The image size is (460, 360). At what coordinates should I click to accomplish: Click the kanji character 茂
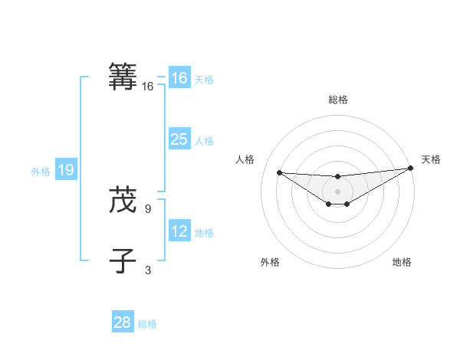(123, 201)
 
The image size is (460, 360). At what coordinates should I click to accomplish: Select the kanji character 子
(123, 260)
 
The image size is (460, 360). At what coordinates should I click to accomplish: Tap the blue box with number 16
(179, 78)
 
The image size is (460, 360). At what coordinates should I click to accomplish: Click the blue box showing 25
(179, 139)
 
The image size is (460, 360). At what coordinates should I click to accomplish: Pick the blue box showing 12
(179, 231)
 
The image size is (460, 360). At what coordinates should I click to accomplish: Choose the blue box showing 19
(66, 170)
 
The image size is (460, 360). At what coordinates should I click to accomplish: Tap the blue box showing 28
(123, 322)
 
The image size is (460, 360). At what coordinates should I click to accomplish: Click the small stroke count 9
(147, 208)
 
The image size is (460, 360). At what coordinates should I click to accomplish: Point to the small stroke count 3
(147, 270)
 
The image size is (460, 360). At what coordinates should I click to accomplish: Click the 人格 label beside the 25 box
(204, 141)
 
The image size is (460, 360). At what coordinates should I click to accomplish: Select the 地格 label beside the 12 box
(204, 233)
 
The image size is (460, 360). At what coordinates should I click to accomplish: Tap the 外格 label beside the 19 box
(41, 172)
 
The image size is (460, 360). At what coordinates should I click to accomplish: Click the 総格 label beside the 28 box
(147, 324)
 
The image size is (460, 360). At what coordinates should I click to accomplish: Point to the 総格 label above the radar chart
(337, 100)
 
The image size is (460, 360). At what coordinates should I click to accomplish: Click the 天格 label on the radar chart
(431, 159)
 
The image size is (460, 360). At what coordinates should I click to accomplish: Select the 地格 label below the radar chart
(402, 262)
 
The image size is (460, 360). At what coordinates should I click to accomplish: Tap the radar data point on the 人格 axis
(279, 172)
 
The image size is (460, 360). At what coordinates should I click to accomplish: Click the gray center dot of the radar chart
(337, 191)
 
